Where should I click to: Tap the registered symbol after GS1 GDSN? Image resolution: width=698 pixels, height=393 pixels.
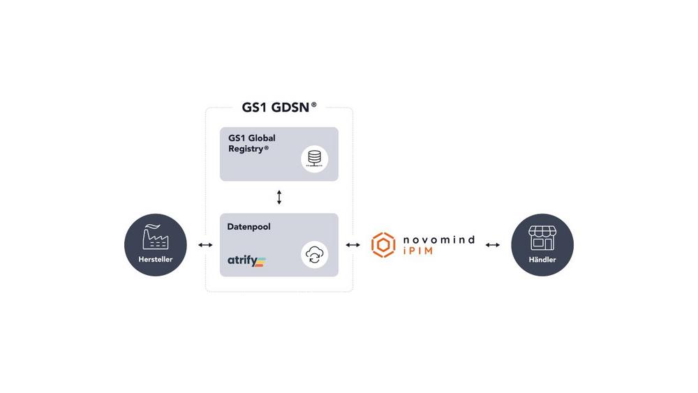pyautogui.click(x=314, y=105)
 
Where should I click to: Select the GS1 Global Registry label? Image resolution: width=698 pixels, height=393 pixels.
pyautogui.click(x=251, y=143)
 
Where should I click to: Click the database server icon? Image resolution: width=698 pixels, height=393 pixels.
pyautogui.click(x=314, y=159)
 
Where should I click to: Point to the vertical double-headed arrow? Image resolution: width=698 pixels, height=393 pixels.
pyautogui.click(x=279, y=197)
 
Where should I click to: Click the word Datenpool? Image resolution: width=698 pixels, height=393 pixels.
pyautogui.click(x=249, y=227)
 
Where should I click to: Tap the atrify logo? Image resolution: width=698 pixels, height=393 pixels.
pyautogui.click(x=246, y=260)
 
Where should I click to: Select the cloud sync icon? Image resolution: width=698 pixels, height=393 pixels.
pyautogui.click(x=314, y=255)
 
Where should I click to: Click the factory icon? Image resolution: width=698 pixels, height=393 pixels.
pyautogui.click(x=156, y=237)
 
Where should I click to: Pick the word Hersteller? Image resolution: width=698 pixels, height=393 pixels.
pyautogui.click(x=156, y=259)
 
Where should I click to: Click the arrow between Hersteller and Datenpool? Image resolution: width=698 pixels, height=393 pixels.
pyautogui.click(x=205, y=245)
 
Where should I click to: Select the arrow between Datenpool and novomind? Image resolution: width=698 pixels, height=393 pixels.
pyautogui.click(x=353, y=245)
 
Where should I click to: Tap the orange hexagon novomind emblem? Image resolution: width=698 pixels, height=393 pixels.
pyautogui.click(x=383, y=245)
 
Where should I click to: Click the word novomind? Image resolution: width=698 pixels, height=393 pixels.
pyautogui.click(x=439, y=240)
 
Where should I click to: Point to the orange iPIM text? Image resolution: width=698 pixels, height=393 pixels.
pyautogui.click(x=417, y=251)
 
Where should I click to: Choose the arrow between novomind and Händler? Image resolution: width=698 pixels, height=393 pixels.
pyautogui.click(x=492, y=245)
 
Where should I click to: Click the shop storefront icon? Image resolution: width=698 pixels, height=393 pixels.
pyautogui.click(x=542, y=237)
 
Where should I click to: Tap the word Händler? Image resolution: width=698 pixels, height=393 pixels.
pyautogui.click(x=542, y=259)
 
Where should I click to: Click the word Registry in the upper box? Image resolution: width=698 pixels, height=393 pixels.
pyautogui.click(x=246, y=149)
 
